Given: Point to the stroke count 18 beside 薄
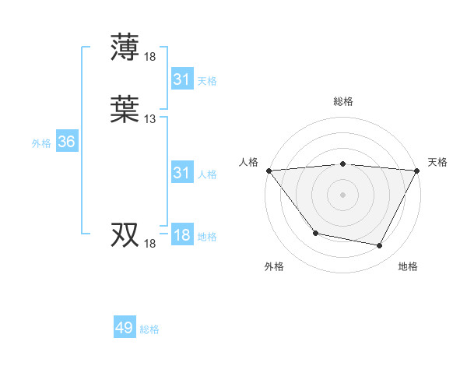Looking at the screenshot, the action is pyautogui.click(x=149, y=56).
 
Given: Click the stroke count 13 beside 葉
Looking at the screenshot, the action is pyautogui.click(x=149, y=119).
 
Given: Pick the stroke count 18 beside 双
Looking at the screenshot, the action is pyautogui.click(x=149, y=244).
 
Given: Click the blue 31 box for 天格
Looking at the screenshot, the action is pyautogui.click(x=181, y=79).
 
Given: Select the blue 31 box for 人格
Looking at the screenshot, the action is pyautogui.click(x=181, y=173).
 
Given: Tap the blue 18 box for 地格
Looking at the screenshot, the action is pyautogui.click(x=181, y=235).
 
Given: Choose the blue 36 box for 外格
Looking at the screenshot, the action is pyautogui.click(x=66, y=142).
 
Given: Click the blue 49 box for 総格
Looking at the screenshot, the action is pyautogui.click(x=125, y=328).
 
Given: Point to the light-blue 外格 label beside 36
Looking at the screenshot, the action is pyautogui.click(x=41, y=143).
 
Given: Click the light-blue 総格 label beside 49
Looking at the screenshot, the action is pyautogui.click(x=149, y=329).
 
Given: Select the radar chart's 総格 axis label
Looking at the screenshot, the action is pyautogui.click(x=342, y=101).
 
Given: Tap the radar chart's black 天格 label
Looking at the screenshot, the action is pyautogui.click(x=437, y=162).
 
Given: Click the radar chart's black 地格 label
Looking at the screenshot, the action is pyautogui.click(x=408, y=266).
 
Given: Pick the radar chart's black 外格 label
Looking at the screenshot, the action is pyautogui.click(x=274, y=266).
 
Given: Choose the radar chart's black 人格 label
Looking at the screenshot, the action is pyautogui.click(x=248, y=162).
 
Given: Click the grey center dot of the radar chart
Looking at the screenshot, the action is pyautogui.click(x=342, y=194).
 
